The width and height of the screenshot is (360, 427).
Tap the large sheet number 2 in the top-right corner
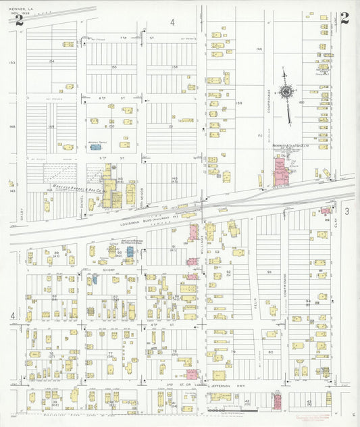tap(344, 18)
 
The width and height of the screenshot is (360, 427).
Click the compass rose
tap(287, 93)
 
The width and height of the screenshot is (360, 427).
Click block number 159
tap(238, 103)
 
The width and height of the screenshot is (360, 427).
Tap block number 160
tap(301, 103)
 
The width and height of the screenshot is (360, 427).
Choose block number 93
tap(268, 272)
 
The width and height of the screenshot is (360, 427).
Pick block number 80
tap(270, 352)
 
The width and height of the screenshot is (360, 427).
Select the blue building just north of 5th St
tap(95, 148)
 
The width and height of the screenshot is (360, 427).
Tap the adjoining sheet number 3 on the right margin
tap(346, 211)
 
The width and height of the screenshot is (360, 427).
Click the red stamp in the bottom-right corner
tap(311, 418)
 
